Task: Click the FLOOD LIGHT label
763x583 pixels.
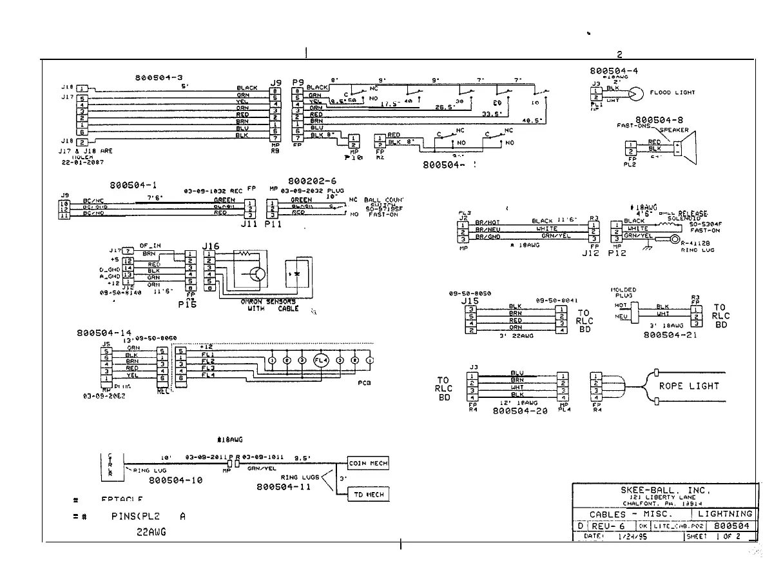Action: [x=672, y=93]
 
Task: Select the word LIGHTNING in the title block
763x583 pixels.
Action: [x=724, y=514]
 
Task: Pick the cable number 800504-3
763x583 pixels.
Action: [x=157, y=77]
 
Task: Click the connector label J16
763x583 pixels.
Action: [x=211, y=246]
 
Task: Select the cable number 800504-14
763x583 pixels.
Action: [x=104, y=333]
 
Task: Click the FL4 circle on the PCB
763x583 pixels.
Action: [x=320, y=360]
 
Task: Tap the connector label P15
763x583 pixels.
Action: [x=187, y=305]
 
